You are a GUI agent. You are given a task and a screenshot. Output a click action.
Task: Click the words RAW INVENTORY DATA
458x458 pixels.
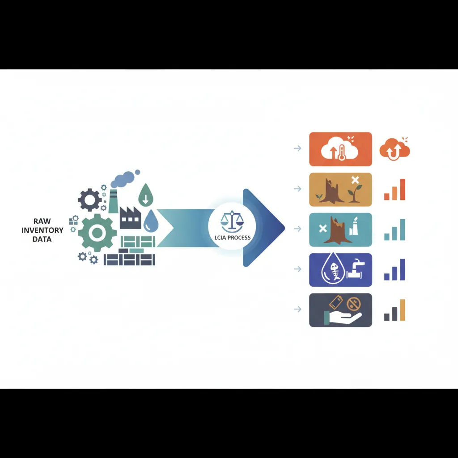coord(42,230)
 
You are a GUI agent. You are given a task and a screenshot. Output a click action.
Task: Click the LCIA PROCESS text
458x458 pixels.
coord(232,237)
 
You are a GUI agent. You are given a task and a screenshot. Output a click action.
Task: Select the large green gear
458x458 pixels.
coord(97,233)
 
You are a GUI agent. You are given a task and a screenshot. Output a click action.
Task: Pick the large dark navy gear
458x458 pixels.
coord(89,200)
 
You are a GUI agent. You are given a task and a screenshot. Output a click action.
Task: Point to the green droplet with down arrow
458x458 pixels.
coord(145,195)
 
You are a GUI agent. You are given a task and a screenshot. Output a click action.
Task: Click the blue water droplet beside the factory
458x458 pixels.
coord(151,220)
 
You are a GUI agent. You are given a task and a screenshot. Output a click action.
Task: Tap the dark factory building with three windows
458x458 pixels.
coord(130,218)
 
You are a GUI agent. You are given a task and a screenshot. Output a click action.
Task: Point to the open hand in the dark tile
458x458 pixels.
coord(344,318)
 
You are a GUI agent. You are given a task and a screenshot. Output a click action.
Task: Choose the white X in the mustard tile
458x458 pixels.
coord(355,180)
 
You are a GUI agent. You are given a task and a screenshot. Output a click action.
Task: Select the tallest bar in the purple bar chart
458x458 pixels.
coord(403,270)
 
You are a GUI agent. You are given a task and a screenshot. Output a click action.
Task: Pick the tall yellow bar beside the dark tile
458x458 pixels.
coord(403,310)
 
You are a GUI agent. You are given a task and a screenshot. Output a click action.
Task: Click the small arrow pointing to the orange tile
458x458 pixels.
coord(297,148)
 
